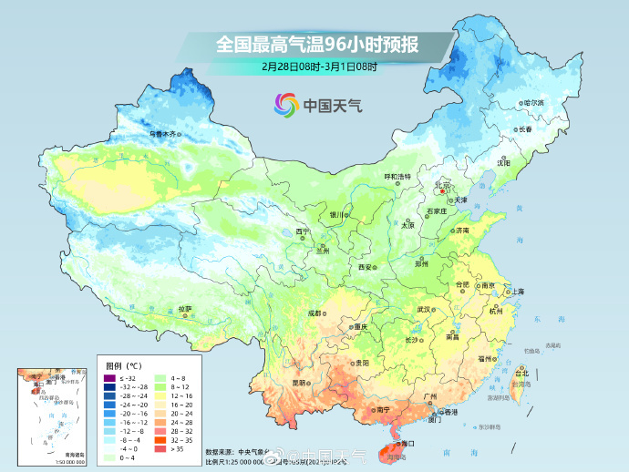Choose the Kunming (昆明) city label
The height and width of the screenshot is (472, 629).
[x=298, y=383]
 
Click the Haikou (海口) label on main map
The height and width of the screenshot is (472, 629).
[x=407, y=443]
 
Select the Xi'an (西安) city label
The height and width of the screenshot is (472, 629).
[x=366, y=267]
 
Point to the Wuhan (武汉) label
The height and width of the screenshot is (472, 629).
[x=424, y=310]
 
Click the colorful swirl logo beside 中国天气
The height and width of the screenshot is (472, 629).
[x=285, y=105]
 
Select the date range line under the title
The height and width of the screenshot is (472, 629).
[x=319, y=67]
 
